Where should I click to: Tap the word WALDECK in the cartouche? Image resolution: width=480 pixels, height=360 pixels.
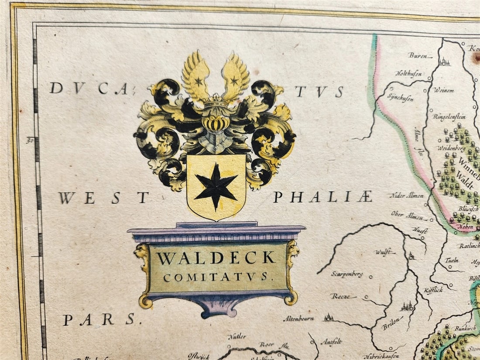tap(216, 258)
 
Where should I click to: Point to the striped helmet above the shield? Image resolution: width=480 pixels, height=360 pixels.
tap(216, 123)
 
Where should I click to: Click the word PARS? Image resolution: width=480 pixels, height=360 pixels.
tap(99, 320)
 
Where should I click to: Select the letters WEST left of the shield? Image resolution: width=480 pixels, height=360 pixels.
tap(104, 198)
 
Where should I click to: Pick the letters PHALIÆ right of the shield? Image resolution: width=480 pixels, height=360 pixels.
tap(322, 197)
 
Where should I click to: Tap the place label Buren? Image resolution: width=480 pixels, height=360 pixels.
tap(417, 55)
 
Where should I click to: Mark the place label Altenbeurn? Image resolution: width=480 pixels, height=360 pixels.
tap(299, 319)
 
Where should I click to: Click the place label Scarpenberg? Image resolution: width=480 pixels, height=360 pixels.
tap(347, 274)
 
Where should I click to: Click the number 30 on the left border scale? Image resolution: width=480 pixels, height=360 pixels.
tap(30, 141)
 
